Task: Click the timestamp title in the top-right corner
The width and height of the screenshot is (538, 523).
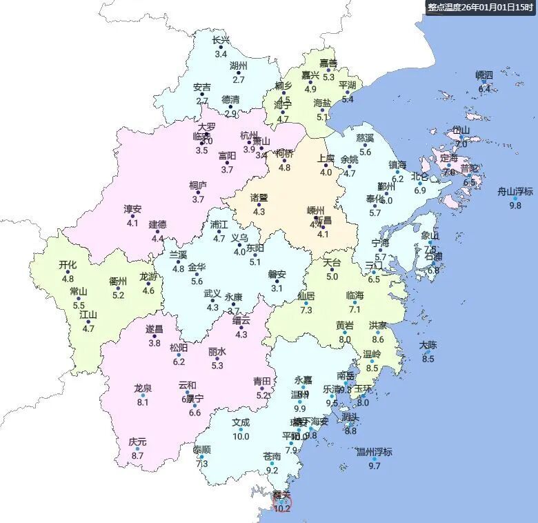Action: (x=481, y=7)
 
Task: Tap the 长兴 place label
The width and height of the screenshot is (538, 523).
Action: (x=221, y=40)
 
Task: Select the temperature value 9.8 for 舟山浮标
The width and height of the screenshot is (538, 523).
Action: (x=515, y=206)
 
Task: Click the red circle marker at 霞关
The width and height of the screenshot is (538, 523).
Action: (x=281, y=503)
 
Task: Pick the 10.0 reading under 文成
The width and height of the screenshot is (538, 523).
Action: (x=241, y=436)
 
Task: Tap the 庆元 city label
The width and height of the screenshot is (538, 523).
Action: (x=137, y=442)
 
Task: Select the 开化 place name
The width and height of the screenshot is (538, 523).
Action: (x=68, y=264)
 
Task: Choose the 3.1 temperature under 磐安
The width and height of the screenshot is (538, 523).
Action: (x=277, y=288)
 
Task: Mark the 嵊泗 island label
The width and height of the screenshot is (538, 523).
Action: (x=484, y=75)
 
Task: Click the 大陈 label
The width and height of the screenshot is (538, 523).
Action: (x=428, y=345)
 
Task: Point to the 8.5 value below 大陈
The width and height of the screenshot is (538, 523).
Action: (x=428, y=359)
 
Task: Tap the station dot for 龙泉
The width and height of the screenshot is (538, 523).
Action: (x=143, y=395)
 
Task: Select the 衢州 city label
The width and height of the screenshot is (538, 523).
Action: (x=118, y=282)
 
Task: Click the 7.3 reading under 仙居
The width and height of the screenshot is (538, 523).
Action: (x=306, y=310)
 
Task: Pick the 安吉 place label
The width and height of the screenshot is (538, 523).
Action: (x=202, y=88)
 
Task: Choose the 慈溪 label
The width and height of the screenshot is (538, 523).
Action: (x=365, y=138)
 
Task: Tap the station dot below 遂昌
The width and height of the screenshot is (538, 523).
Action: (x=155, y=336)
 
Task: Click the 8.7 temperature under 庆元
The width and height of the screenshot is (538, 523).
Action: (x=137, y=455)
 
